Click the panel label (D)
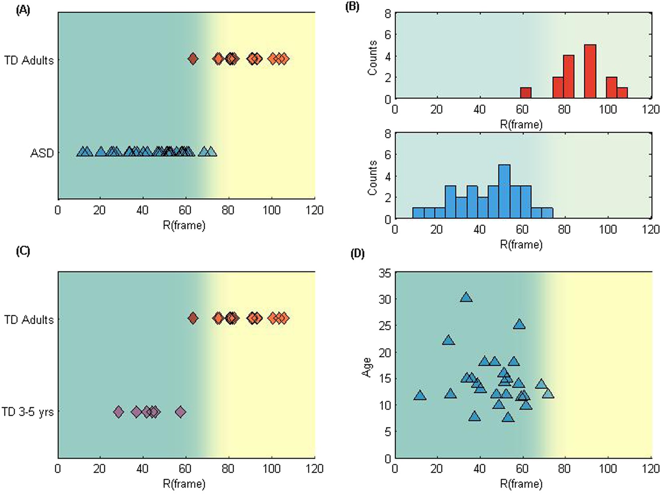pyautogui.click(x=357, y=254)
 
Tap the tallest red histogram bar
pyautogui.click(x=590, y=71)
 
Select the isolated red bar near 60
pyautogui.click(x=526, y=93)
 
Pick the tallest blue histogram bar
pyautogui.click(x=504, y=192)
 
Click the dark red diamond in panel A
pyautogui.click(x=193, y=59)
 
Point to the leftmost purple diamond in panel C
pyautogui.click(x=119, y=411)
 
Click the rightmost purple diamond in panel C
pyautogui.click(x=181, y=411)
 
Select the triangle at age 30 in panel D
pyautogui.click(x=466, y=297)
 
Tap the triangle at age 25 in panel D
pyautogui.click(x=519, y=324)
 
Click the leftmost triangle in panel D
pyautogui.click(x=420, y=395)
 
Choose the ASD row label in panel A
pyautogui.click(x=42, y=153)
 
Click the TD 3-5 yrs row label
pyautogui.click(x=28, y=412)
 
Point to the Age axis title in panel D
pyautogui.click(x=367, y=367)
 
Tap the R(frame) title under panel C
pyautogui.click(x=184, y=484)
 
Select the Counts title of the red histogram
pyautogui.click(x=373, y=57)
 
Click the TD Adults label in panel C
pyautogui.click(x=29, y=320)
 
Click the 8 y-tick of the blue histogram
pyautogui.click(x=387, y=134)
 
